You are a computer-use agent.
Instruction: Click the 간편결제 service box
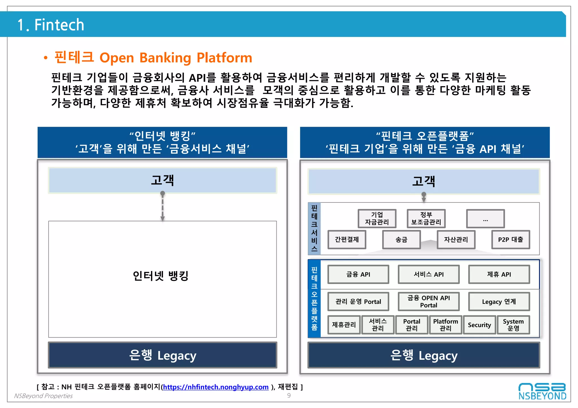tap(347, 239)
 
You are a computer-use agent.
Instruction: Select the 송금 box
tap(401, 239)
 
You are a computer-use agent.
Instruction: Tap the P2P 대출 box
tap(510, 239)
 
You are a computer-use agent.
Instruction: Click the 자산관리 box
tap(456, 239)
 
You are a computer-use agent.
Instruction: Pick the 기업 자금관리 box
tap(377, 218)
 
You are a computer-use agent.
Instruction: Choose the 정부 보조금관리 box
tap(426, 218)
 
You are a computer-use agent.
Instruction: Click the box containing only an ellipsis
tap(485, 218)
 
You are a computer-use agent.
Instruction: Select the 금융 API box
tap(358, 274)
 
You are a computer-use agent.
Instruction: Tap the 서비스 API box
tap(428, 274)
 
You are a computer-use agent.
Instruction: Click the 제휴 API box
tap(499, 274)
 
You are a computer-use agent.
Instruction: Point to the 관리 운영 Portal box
tap(358, 302)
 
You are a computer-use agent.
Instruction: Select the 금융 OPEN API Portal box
tap(428, 302)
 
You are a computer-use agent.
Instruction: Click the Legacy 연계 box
tap(499, 302)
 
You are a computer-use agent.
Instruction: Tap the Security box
tap(479, 325)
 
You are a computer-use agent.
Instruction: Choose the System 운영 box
tap(513, 325)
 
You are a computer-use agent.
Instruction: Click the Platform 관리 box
tap(445, 325)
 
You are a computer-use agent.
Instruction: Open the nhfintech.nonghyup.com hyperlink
tap(216, 387)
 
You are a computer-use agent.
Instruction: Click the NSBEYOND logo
tap(542, 391)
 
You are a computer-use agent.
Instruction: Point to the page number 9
tap(289, 395)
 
